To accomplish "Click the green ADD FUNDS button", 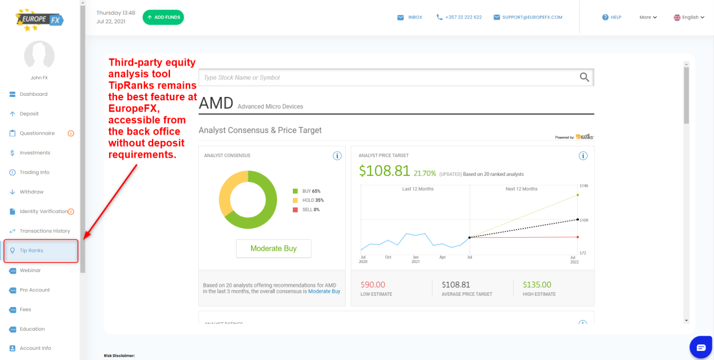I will coord(163,17).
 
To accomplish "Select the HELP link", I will coord(612,17).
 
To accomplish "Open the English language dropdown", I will coord(689,17).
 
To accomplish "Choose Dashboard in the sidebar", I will coord(33,94).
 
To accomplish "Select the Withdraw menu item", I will coord(31,192).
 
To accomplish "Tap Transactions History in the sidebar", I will coord(44,231).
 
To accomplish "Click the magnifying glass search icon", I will coord(584,77).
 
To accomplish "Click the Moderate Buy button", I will coord(273,248).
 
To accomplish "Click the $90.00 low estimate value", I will coord(373,285).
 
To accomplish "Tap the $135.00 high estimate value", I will coord(537,285).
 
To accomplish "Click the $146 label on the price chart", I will coord(583,186).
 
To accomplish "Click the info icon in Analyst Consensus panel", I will coord(337,155).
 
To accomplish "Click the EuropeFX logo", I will coord(39,20).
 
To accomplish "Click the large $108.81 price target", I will coord(384,171).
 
